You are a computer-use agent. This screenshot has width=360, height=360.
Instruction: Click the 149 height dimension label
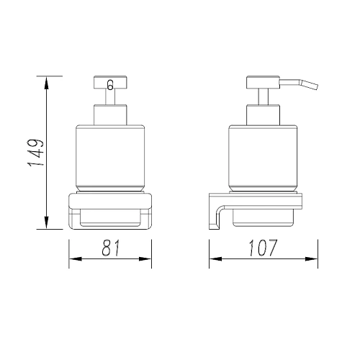point(36,153)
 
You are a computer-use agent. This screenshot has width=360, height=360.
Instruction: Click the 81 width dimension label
point(111,248)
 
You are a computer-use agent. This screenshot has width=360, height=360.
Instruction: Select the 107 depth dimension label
point(263,248)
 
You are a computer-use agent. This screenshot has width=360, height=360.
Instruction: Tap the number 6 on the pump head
point(110,85)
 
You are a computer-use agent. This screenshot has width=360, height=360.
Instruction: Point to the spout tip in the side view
point(317,87)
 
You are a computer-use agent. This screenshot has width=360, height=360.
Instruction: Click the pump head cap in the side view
point(264,82)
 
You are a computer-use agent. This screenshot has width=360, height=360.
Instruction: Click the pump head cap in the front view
point(110,82)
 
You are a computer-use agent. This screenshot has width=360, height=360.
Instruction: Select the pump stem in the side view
point(264,96)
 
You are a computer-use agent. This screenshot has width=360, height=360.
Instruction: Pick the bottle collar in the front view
point(110,114)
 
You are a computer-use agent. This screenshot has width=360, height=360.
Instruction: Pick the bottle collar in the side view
point(264,114)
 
